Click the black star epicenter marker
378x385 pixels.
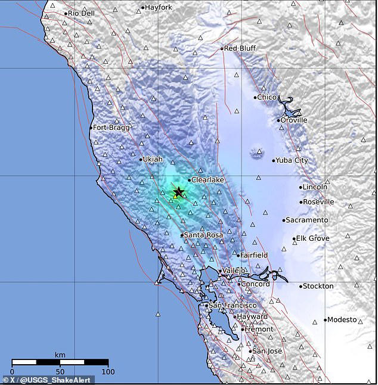(178, 192)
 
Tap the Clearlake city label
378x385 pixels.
(207, 179)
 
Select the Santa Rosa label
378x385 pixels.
(203, 235)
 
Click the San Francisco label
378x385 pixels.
(232, 306)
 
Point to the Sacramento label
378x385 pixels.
(307, 220)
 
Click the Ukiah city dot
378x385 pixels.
(141, 159)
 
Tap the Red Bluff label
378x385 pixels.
(239, 48)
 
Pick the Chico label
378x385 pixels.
(267, 97)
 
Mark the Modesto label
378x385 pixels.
(342, 319)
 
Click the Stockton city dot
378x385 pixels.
(300, 287)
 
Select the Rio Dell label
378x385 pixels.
(82, 13)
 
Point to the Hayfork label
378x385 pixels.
(159, 8)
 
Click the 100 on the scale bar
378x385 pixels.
(108, 372)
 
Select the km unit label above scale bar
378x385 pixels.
(60, 355)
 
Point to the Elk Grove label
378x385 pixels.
(312, 239)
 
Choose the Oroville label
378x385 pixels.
(294, 120)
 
